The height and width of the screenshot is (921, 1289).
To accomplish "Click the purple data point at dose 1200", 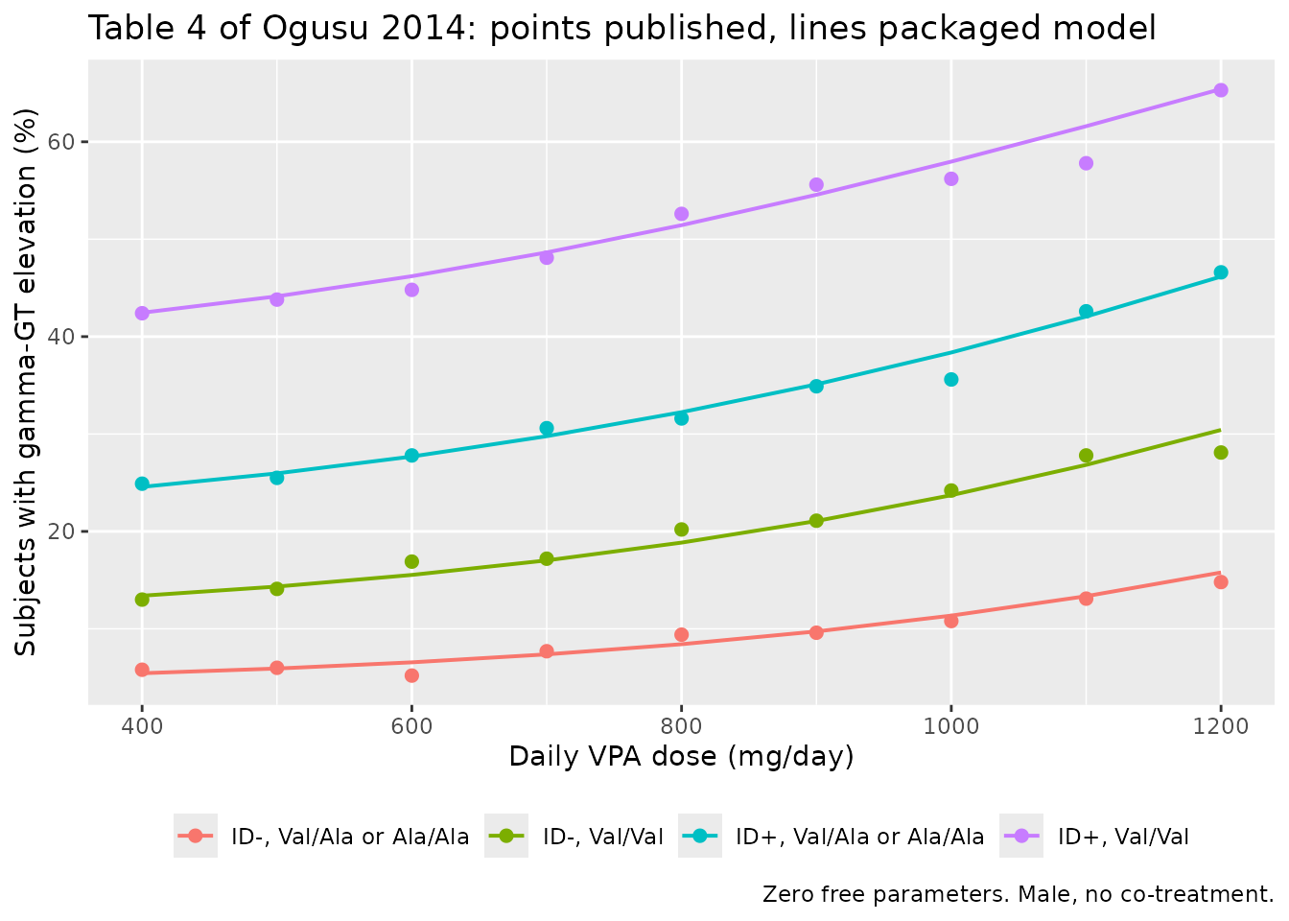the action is [1220, 90].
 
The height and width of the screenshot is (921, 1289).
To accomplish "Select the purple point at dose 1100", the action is [1086, 163].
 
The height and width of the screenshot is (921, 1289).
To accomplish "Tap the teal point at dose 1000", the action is [950, 379].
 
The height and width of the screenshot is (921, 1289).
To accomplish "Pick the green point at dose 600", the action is [411, 561].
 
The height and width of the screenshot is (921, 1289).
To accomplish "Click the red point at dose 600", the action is [411, 675].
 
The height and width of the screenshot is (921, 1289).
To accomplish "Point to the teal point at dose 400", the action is [142, 484].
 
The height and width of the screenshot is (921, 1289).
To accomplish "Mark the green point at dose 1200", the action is [1220, 453].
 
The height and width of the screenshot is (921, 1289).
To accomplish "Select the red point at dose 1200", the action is [1220, 582].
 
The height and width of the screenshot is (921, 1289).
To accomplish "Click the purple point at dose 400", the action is [142, 313].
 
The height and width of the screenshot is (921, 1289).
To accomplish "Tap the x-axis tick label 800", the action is [681, 726].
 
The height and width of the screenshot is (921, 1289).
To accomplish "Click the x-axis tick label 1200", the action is [1220, 726].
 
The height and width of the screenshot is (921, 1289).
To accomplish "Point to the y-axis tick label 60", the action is [61, 142].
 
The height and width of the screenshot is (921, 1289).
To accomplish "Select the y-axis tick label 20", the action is [61, 531].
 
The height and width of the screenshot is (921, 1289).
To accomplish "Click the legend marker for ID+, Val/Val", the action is [1020, 836].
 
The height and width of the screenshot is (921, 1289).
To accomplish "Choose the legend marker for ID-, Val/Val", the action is [505, 836].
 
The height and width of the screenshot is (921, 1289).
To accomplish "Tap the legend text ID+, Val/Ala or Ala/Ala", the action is [859, 837].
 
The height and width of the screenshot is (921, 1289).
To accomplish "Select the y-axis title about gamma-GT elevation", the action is [25, 382].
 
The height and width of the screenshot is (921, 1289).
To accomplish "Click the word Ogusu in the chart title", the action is [315, 29].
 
